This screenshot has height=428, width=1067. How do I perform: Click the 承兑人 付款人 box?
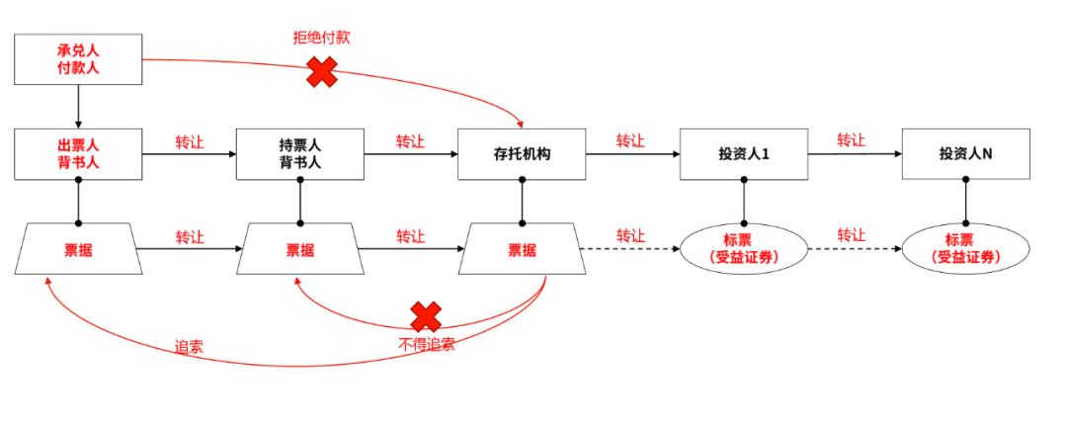[77, 59]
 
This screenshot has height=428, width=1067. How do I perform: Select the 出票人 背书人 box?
[77, 154]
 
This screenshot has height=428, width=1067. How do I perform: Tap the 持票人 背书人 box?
[299, 154]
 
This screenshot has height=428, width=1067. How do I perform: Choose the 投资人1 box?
[743, 154]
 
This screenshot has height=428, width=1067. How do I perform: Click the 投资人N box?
[965, 154]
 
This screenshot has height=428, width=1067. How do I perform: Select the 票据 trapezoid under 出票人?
[77, 249]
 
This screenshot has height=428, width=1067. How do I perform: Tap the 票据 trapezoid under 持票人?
[299, 249]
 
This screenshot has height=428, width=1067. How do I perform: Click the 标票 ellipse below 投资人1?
[743, 248]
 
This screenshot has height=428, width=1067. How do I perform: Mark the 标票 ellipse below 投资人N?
[965, 248]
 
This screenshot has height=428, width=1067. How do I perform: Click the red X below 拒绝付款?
[321, 71]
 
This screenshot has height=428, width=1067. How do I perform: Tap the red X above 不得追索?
[425, 316]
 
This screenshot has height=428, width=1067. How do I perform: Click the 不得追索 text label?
[425, 344]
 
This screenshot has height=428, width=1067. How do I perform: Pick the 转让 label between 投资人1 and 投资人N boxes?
[852, 140]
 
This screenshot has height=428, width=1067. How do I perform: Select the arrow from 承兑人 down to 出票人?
[77, 106]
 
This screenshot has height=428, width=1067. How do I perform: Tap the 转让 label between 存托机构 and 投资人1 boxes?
[630, 140]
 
